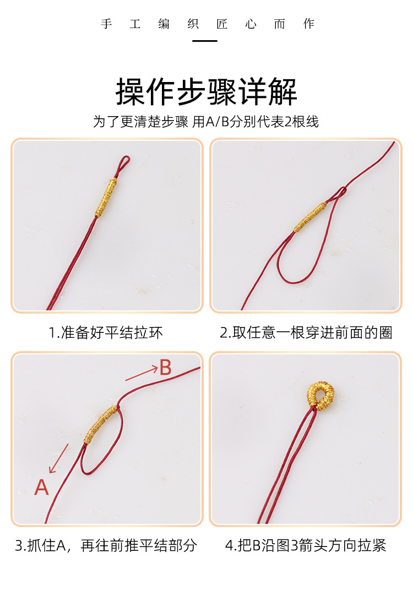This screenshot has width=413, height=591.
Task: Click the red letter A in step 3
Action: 42,487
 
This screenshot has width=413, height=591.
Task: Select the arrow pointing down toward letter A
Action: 59,458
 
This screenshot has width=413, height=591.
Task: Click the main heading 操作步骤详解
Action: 206,91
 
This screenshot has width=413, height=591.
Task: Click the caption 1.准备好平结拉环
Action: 106,333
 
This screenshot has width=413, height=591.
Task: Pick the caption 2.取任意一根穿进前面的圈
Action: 306,333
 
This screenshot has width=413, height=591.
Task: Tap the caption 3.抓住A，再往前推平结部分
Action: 106,546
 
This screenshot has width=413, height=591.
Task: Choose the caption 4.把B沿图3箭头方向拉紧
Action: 306,546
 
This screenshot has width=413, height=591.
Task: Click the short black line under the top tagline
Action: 204,41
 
